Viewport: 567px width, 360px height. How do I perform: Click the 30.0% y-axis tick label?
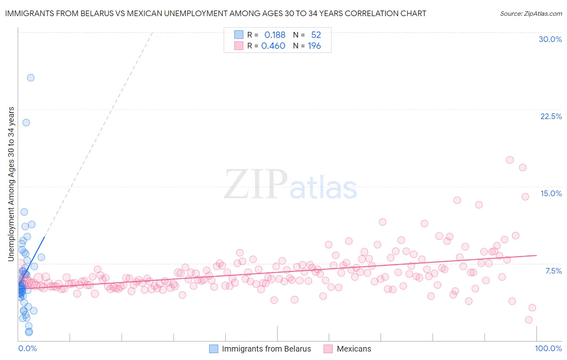tap(550, 39)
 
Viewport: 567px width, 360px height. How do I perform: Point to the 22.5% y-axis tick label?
tap(551, 116)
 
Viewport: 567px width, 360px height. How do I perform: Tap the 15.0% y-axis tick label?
tap(551, 193)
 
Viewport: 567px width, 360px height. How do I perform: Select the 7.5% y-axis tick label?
tap(553, 271)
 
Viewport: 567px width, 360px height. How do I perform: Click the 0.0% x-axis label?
tap(27, 348)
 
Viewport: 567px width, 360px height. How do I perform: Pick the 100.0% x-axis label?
tap(548, 348)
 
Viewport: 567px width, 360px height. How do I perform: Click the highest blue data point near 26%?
tap(31, 78)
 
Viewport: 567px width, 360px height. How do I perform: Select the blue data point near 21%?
tap(26, 123)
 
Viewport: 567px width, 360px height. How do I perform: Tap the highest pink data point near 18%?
tap(510, 160)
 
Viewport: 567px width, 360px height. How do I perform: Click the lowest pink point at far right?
tap(529, 320)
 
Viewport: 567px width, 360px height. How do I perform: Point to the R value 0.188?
tap(275, 35)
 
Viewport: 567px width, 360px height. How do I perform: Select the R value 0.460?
tap(273, 46)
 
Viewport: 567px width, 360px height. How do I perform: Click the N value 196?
tap(314, 46)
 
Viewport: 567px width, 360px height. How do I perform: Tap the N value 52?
tap(316, 35)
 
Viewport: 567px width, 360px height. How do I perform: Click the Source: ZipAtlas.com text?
tap(531, 14)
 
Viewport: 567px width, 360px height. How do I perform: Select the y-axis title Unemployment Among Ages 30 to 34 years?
tap(11, 184)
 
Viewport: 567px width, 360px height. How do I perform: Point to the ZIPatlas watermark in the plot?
tap(290, 185)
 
